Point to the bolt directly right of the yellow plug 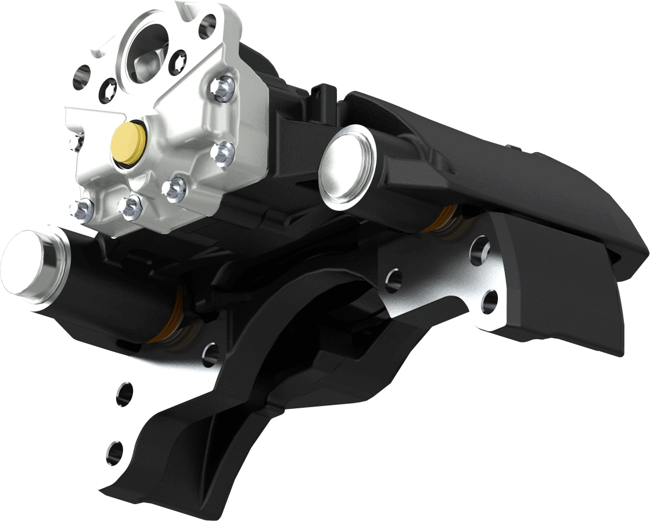pyautogui.click(x=221, y=153)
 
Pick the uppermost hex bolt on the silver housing pyautogui.click(x=222, y=88)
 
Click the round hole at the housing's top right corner pyautogui.click(x=207, y=25)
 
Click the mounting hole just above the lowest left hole pyautogui.click(x=124, y=394)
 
